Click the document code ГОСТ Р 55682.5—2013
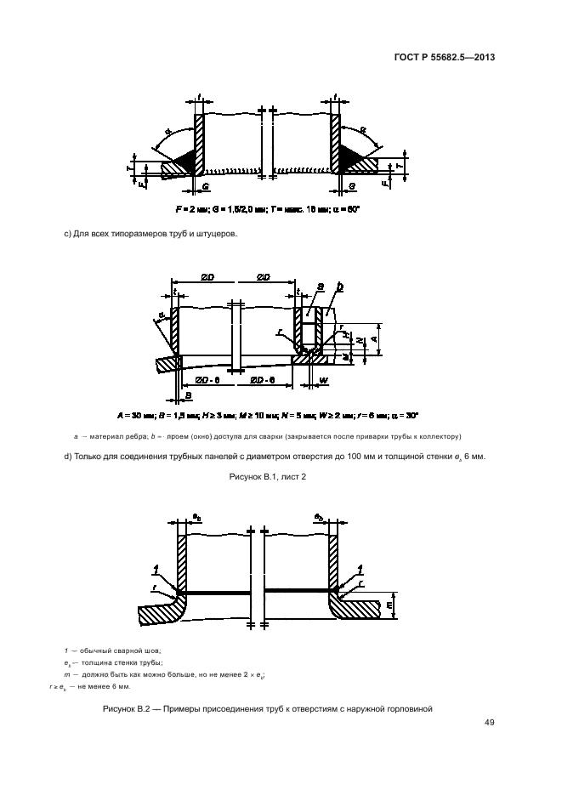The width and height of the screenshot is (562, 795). coord(456,58)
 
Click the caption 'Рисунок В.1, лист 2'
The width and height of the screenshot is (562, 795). coord(269,478)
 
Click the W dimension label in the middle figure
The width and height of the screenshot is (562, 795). coord(325,380)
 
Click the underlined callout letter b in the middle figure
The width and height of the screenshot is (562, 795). coord(340,289)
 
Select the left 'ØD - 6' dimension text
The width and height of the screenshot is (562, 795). coord(206,378)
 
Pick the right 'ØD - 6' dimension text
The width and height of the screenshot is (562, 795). coord(260,378)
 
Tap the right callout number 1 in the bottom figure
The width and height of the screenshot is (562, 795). coord(360,568)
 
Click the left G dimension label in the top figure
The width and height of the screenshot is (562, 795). coord(205,183)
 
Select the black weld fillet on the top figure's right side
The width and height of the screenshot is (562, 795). coord(349,156)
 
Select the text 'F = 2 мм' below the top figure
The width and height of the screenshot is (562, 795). coord(192,208)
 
